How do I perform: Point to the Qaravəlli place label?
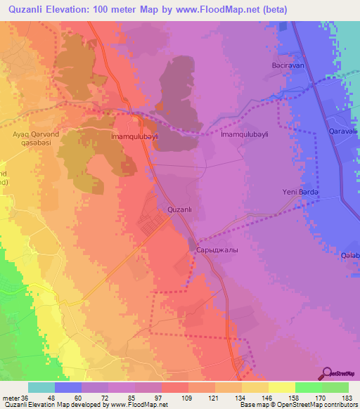coord(342,131)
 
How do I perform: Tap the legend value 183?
coord(336,397)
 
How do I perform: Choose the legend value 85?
coord(122,397)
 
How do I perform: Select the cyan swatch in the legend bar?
coord(41,387)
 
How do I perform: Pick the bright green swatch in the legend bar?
coord(309,387)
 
